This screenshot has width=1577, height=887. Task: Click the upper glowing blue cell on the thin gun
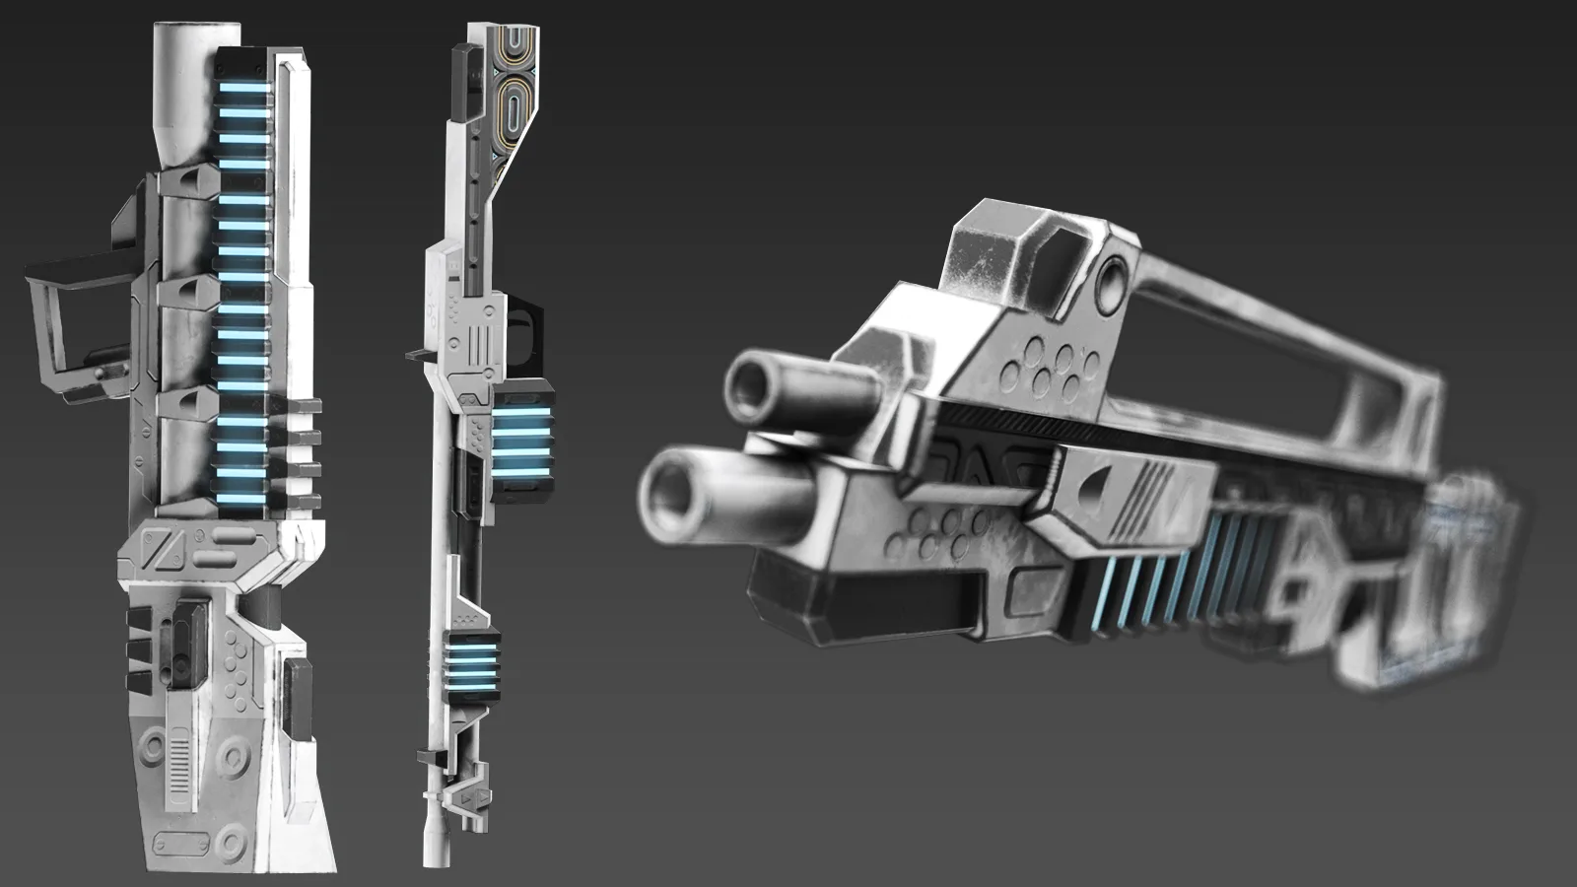point(520,441)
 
